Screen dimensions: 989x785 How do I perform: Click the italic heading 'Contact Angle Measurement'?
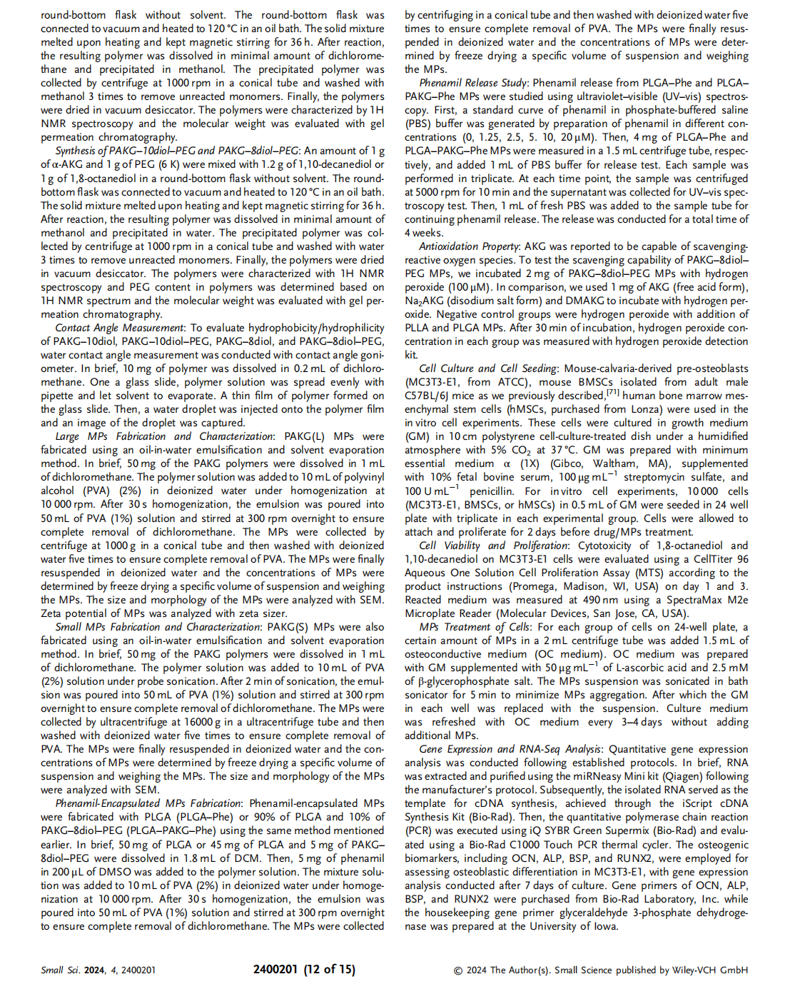(x=120, y=328)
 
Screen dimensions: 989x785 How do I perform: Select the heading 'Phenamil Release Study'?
(x=473, y=83)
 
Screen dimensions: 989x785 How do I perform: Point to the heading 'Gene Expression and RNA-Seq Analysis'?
(x=510, y=749)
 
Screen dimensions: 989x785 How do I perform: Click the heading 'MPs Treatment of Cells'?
(x=475, y=627)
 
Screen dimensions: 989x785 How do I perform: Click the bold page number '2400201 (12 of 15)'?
(x=304, y=969)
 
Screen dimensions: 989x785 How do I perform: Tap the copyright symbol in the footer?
(x=458, y=970)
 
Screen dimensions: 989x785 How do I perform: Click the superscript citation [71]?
(x=613, y=393)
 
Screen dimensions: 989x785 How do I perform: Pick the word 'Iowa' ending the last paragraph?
(x=604, y=926)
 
